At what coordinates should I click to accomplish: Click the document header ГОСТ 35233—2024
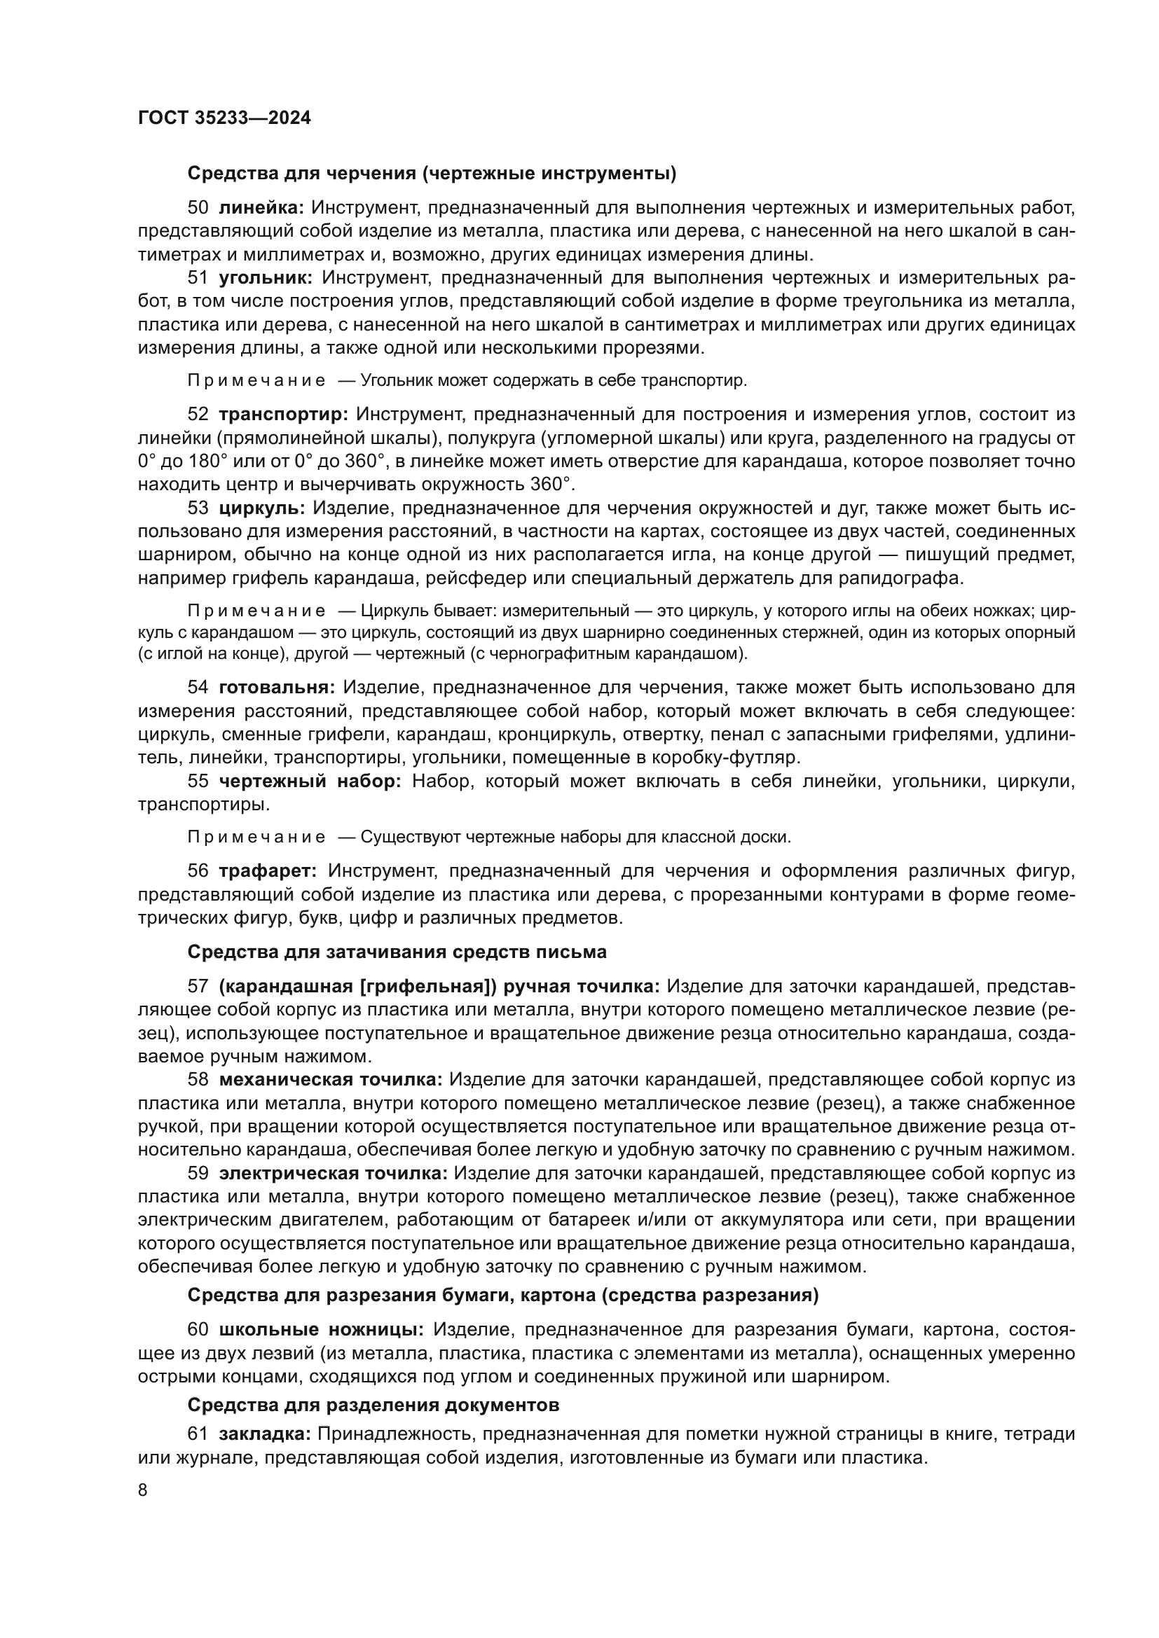point(224,118)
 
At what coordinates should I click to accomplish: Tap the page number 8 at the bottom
point(143,1490)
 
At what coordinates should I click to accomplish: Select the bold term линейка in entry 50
point(261,207)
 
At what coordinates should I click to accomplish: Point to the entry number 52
point(198,414)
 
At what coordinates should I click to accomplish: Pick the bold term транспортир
point(282,414)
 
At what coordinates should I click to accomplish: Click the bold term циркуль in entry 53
point(262,508)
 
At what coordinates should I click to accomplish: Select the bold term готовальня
point(277,687)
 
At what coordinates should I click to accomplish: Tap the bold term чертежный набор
point(310,782)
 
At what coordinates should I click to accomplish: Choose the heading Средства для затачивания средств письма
point(397,952)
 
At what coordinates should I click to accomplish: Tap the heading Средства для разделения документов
point(373,1405)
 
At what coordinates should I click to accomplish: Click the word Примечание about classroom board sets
point(256,837)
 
